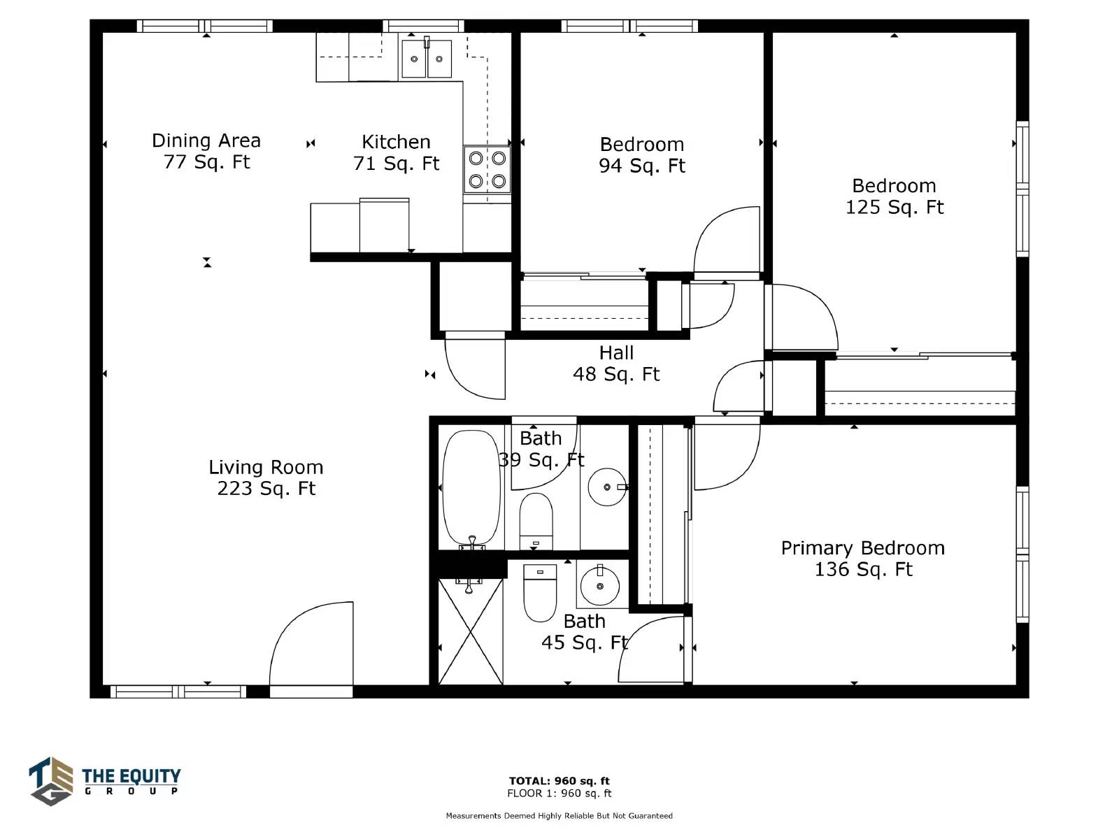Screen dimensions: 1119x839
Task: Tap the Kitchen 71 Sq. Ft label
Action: (x=396, y=152)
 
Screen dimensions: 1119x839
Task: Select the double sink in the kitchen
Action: (x=426, y=59)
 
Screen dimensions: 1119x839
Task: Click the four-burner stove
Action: (x=487, y=170)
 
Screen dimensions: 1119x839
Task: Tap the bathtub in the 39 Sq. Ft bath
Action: (x=471, y=488)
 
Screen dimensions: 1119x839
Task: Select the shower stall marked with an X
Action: (x=471, y=631)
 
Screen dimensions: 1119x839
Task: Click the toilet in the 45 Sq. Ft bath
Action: (x=540, y=592)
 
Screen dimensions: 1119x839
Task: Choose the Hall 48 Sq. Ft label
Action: (x=616, y=363)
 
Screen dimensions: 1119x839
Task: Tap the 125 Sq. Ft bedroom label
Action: (x=895, y=196)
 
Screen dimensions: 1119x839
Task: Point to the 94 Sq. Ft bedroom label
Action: (x=642, y=155)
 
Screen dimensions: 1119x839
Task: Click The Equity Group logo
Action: (x=105, y=781)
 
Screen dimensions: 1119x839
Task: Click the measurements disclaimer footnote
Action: (x=559, y=815)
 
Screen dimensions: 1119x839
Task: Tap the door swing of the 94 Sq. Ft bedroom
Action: (x=727, y=239)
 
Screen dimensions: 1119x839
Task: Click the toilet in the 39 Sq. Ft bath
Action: (x=536, y=521)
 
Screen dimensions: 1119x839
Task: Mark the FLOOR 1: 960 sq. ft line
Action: (x=559, y=793)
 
